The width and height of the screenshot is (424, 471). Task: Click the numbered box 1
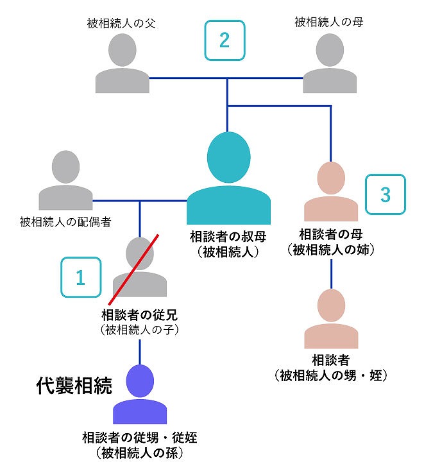pos(80,277)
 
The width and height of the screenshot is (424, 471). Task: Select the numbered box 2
pos(224,40)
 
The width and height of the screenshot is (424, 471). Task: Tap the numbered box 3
pos(386,194)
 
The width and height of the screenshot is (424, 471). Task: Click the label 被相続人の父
pos(122,24)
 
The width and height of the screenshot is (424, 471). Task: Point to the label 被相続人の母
pos(330,23)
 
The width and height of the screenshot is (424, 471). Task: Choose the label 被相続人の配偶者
pos(65,222)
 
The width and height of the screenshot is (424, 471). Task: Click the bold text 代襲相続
pos(74,386)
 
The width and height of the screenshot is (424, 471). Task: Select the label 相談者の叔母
pos(228,235)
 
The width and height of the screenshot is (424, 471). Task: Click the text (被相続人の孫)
pos(140,454)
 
